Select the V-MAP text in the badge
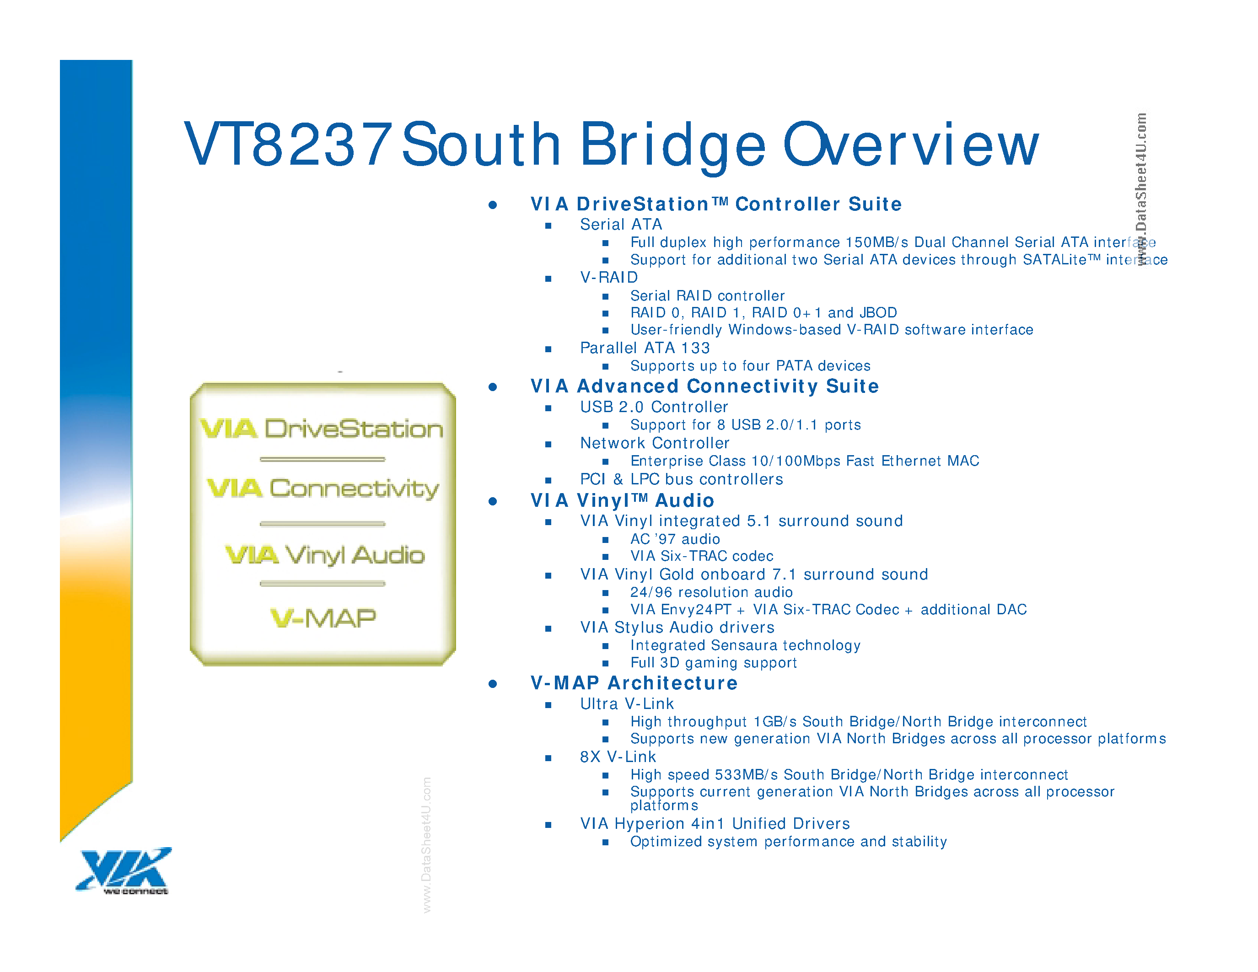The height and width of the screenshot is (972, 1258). pos(323,618)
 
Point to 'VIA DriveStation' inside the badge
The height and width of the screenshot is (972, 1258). pos(322,429)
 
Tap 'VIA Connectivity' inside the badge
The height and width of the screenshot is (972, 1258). pos(323,489)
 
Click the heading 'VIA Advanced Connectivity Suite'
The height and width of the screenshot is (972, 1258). pos(704,387)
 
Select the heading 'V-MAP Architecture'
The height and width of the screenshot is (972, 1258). pos(634,683)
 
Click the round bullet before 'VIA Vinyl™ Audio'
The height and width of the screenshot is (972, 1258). pos(493,501)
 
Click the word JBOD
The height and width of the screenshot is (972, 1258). pos(878,313)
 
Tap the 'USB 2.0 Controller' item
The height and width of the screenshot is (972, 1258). pos(654,407)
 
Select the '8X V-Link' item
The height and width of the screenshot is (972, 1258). pos(618,757)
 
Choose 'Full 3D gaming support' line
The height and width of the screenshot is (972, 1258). pos(713,663)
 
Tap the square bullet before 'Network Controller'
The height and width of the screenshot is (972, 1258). pos(548,444)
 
